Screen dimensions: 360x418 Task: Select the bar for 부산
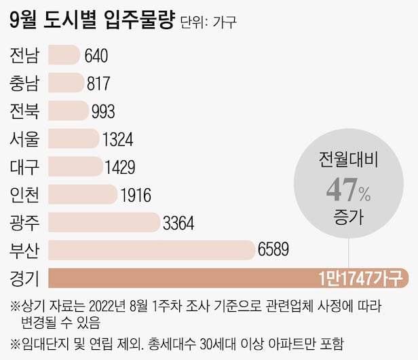click(151, 250)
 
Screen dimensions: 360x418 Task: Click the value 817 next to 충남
click(99, 84)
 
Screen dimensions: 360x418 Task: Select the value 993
click(102, 111)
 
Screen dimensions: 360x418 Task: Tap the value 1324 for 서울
click(117, 139)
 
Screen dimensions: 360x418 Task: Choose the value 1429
click(120, 167)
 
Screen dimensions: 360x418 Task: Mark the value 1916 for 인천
click(134, 195)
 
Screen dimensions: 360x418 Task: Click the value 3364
click(178, 222)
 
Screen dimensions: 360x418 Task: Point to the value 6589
click(273, 250)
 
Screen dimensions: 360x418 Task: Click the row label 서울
click(25, 139)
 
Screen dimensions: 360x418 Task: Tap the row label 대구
click(25, 167)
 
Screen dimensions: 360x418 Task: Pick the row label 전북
click(25, 111)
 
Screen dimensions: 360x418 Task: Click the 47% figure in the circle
click(349, 192)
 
